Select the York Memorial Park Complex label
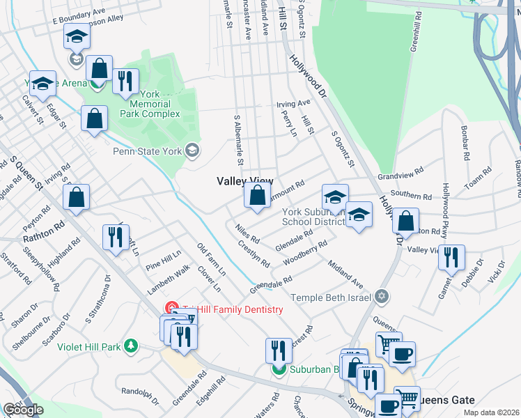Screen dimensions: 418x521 (x=149, y=104)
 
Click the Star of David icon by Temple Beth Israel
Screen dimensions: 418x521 (x=380, y=297)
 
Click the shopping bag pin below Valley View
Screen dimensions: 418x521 (x=257, y=196)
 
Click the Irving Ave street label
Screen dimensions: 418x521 (x=293, y=104)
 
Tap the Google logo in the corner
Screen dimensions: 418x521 (x=23, y=410)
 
